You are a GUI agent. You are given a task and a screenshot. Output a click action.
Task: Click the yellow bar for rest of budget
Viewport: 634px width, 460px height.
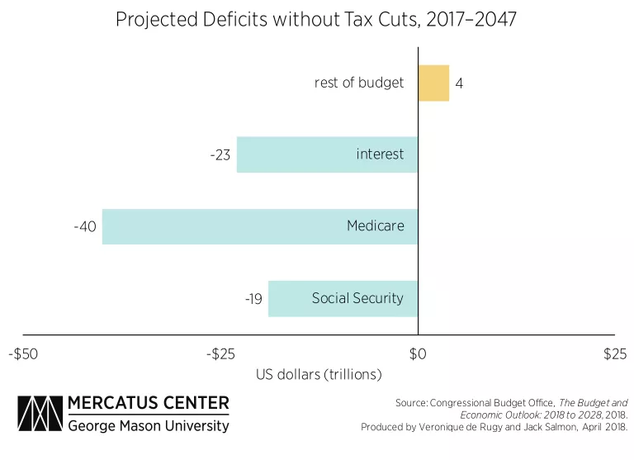[433, 83]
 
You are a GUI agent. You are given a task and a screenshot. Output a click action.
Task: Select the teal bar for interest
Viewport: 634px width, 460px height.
[327, 154]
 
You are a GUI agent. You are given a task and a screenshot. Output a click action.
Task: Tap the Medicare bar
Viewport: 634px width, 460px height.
[259, 226]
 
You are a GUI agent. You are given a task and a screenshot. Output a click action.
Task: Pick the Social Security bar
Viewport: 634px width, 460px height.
[343, 298]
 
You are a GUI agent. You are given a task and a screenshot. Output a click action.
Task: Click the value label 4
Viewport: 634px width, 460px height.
[459, 83]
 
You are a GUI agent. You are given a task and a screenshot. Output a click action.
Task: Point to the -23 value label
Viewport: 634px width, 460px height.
[220, 155]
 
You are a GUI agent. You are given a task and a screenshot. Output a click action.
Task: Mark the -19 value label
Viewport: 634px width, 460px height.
[253, 299]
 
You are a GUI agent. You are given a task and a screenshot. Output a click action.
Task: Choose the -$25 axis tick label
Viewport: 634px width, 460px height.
[220, 354]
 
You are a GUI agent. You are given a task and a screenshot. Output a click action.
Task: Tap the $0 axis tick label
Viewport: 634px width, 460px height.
[418, 354]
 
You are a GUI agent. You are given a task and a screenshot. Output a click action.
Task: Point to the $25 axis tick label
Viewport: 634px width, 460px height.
[614, 354]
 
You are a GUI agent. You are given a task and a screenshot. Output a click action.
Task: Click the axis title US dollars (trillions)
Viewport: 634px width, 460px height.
[319, 374]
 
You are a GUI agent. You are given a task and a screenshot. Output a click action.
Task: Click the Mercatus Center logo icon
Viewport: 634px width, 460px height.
[39, 415]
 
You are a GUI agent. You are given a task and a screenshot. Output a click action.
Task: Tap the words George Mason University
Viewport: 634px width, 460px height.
[149, 426]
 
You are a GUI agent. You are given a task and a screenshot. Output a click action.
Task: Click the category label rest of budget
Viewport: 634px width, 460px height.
[359, 83]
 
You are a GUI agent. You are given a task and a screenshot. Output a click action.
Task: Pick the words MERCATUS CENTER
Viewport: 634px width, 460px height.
[149, 404]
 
